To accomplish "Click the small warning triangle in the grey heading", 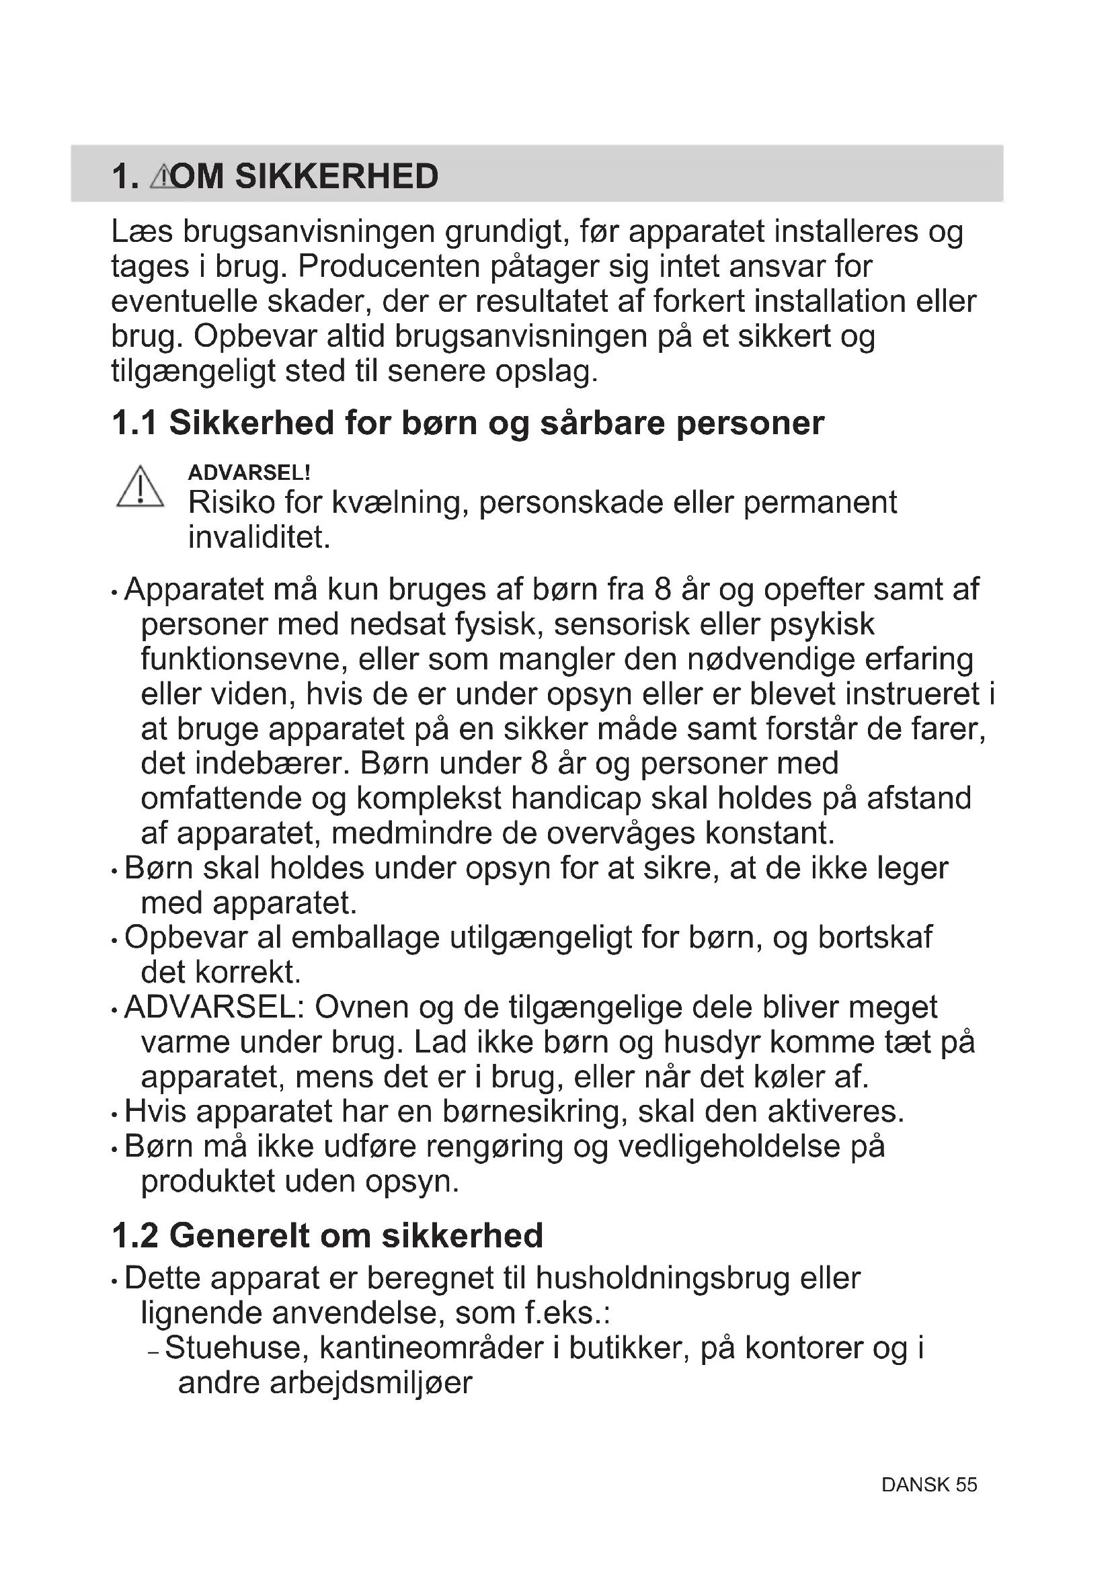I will (x=161, y=177).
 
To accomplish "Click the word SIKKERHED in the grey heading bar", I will (x=336, y=177).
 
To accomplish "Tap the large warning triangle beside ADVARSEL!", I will (x=141, y=487).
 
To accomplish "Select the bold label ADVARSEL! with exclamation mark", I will (x=249, y=472).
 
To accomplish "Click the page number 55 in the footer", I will (x=966, y=1504).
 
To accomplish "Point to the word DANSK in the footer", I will (x=916, y=1504).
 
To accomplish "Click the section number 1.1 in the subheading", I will (x=134, y=423).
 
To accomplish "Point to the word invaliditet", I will (x=259, y=538).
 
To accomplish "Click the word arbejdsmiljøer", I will (x=370, y=1383).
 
